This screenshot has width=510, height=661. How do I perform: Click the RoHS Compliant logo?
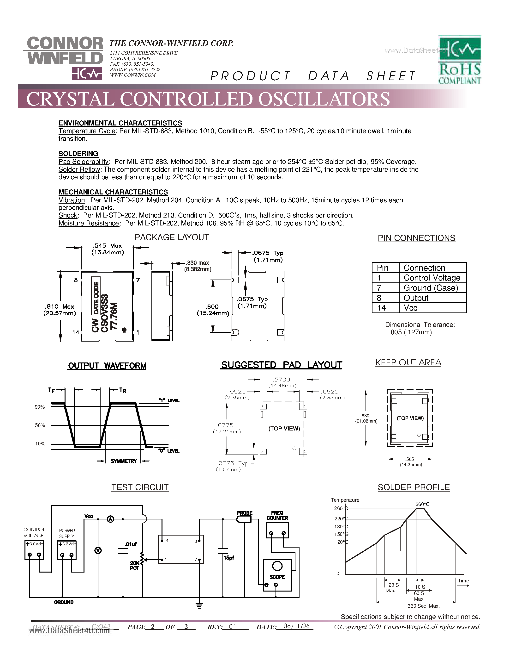tap(460, 60)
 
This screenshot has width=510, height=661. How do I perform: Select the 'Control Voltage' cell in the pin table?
tap(432, 278)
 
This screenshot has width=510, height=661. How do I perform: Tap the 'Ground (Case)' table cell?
tap(431, 288)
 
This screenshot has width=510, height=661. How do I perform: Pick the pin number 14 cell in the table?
tap(381, 308)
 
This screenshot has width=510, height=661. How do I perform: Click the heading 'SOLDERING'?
tap(78, 153)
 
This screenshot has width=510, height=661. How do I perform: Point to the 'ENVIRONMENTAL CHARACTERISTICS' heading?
tap(120, 123)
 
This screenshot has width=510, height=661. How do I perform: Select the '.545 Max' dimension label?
tap(107, 246)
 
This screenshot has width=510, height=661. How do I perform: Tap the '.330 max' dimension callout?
tap(197, 263)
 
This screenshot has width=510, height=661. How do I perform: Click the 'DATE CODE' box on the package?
tap(96, 298)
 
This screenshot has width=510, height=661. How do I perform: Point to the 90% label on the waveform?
tap(40, 407)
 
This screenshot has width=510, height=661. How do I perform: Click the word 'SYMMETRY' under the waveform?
tap(124, 461)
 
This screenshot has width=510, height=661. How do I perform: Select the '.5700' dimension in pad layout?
tap(282, 380)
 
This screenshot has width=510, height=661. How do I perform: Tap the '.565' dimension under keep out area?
tap(410, 459)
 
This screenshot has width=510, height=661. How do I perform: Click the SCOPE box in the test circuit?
tap(277, 575)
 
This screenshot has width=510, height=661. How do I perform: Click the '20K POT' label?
tap(134, 566)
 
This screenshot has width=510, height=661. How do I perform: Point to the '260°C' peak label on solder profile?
tap(422, 504)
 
